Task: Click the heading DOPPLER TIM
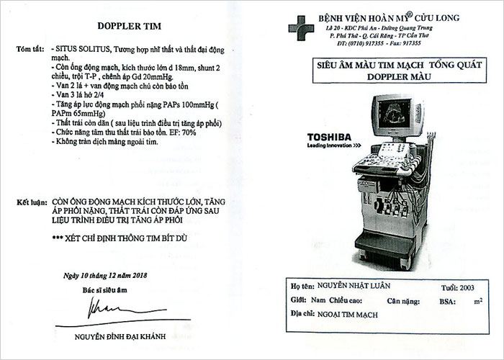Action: (129, 26)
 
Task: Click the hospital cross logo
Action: (301, 28)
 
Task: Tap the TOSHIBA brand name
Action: (329, 138)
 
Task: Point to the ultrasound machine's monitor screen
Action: (395, 114)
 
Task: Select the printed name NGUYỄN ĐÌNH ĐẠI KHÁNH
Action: (120, 336)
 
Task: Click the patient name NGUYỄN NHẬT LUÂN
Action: (354, 286)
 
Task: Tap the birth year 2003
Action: (467, 288)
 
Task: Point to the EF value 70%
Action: (189, 132)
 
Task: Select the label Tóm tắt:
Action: (30, 49)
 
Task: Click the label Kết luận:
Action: (32, 202)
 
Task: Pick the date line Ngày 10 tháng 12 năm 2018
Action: (105, 276)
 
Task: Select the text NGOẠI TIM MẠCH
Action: (348, 315)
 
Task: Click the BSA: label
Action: (447, 302)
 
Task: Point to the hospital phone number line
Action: (379, 43)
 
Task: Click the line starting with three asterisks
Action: (120, 238)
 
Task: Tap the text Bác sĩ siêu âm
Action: (105, 290)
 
